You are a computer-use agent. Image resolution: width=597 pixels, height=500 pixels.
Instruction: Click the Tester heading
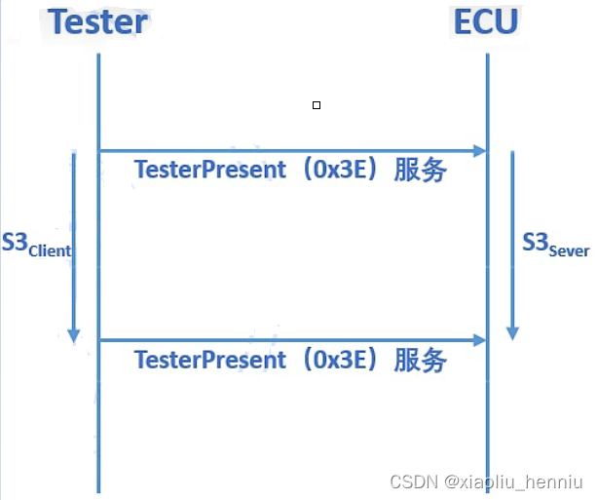98,21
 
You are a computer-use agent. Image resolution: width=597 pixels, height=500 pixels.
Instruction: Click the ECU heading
486,21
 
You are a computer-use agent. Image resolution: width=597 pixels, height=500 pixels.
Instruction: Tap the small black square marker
317,104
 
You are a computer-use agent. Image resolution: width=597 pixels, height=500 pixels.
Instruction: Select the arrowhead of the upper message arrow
479,151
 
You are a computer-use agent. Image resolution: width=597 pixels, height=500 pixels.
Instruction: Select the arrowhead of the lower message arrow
479,340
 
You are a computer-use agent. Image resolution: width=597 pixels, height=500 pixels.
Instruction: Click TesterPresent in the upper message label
210,170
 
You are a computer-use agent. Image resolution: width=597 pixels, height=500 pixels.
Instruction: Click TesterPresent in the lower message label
210,359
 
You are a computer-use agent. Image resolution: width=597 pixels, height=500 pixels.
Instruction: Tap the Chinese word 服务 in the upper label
421,171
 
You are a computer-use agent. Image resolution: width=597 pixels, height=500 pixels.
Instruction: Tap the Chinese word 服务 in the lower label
421,360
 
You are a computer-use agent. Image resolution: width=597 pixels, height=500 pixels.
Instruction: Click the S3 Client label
36,245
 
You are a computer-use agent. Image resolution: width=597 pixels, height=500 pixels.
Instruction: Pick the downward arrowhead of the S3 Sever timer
512,331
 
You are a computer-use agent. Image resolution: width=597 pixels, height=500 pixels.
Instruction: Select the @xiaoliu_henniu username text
512,481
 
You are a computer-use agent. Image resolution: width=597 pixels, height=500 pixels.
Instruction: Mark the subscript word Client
50,250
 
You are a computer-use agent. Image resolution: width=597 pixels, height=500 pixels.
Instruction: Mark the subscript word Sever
569,250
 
